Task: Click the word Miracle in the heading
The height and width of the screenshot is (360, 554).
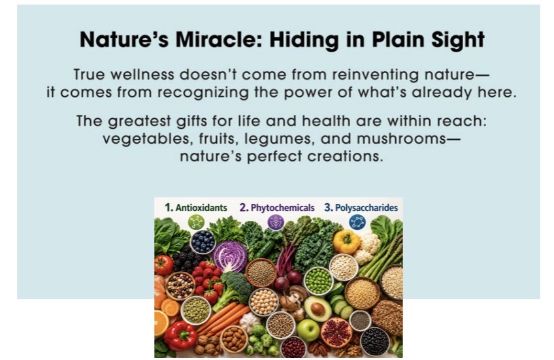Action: (220, 39)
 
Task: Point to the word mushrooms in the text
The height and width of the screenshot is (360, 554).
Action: (401, 139)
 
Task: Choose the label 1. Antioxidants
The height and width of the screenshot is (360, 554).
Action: (196, 207)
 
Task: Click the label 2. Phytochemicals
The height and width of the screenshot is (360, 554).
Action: (276, 208)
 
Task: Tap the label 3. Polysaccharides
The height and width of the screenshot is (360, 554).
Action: (361, 208)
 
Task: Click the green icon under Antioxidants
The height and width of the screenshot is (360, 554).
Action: (196, 222)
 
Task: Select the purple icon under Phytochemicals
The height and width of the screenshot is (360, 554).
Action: (276, 223)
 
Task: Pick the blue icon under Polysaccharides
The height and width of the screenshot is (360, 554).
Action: (357, 223)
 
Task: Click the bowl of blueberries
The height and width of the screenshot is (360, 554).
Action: (203, 242)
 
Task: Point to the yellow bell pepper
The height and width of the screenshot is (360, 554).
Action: (346, 242)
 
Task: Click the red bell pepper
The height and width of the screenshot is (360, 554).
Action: (180, 336)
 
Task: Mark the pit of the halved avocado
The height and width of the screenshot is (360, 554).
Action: (318, 309)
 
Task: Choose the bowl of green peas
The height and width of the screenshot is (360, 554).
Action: (318, 281)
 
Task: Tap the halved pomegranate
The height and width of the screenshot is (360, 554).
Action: (336, 333)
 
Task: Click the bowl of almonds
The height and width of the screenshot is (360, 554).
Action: (234, 339)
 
